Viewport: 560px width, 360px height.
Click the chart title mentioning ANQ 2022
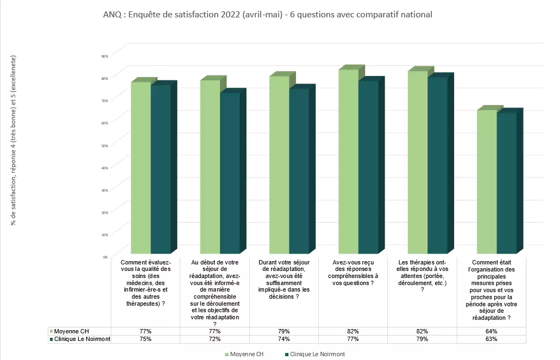(267, 15)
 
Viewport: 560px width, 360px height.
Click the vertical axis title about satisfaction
(14, 140)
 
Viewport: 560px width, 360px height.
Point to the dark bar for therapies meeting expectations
(437, 165)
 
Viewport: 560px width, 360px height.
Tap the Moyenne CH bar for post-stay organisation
(487, 181)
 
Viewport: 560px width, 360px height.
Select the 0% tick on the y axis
(105, 256)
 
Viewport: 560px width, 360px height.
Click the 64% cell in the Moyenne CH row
(492, 331)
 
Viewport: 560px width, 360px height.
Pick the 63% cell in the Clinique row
(492, 339)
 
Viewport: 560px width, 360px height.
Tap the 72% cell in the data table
(215, 339)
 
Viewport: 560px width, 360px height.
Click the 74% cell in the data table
(284, 339)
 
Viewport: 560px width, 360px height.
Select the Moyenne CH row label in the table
(70, 331)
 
